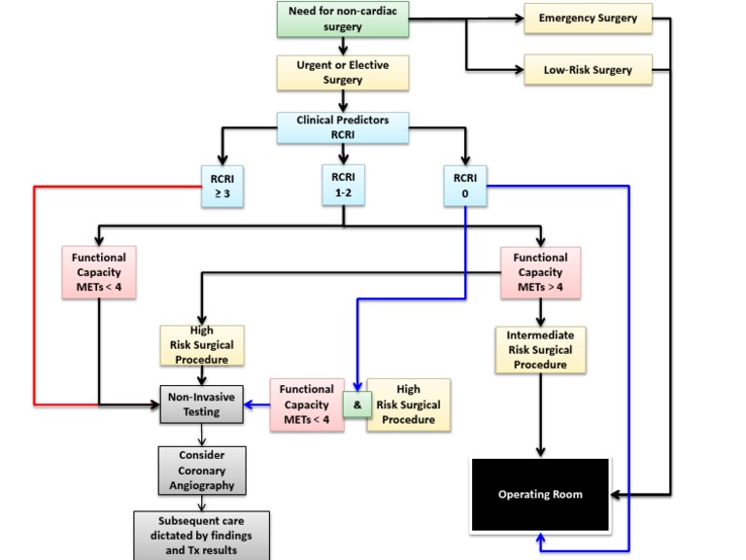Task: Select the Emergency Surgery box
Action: [588, 18]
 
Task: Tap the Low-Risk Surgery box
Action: [588, 70]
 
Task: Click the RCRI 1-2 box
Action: [343, 185]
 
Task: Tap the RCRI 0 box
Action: [465, 185]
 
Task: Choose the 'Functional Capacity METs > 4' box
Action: [540, 273]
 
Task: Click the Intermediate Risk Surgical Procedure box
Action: [540, 350]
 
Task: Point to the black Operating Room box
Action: [540, 495]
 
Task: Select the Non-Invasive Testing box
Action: [201, 404]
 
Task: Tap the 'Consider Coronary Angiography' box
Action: [201, 471]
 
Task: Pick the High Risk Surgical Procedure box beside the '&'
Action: [408, 404]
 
